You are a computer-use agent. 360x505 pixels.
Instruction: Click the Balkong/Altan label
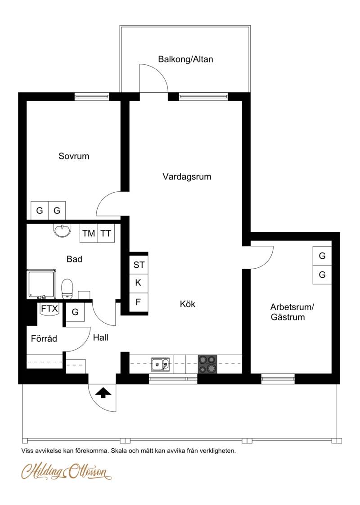tap(185, 59)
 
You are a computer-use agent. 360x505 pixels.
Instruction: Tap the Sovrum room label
tap(74, 156)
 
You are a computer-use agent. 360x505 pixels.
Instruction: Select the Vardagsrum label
tap(187, 177)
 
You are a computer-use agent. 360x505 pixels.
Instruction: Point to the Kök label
tap(187, 304)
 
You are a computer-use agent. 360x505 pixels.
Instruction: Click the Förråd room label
tap(44, 338)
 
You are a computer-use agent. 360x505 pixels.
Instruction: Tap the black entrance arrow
tap(103, 392)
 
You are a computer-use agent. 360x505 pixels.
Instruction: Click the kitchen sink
tap(160, 365)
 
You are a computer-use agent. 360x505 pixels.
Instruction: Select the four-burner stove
tap(207, 364)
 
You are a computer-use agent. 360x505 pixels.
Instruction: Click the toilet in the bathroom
tap(67, 289)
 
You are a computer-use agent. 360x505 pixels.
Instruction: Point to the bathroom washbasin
tap(62, 230)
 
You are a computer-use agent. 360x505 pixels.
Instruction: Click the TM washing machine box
tap(89, 233)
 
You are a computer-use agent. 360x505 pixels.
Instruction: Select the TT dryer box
tap(106, 233)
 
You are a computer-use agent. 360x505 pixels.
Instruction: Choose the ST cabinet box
tap(139, 265)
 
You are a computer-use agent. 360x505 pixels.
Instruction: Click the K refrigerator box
tap(139, 283)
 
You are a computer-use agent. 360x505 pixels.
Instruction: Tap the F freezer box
tap(139, 302)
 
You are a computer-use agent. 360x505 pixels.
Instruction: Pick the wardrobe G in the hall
tap(75, 312)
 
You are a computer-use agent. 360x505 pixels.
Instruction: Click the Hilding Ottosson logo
tap(67, 471)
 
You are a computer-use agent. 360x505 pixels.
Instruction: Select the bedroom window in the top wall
tap(92, 96)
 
